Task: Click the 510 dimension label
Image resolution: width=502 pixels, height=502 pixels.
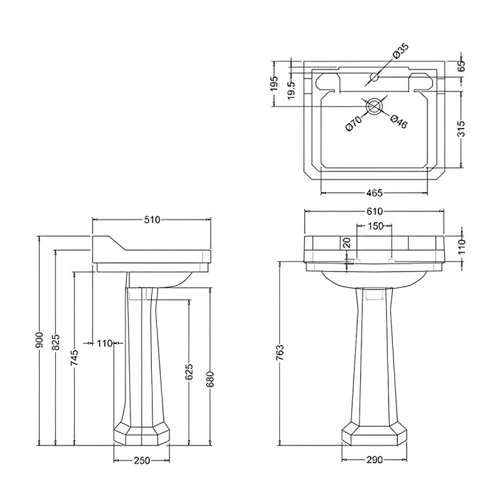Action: pyautogui.click(x=152, y=220)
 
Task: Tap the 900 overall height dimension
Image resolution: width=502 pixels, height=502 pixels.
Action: pyautogui.click(x=40, y=340)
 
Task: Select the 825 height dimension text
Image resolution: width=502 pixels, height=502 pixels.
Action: pyautogui.click(x=56, y=342)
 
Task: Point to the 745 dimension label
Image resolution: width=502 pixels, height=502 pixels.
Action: pyautogui.click(x=74, y=358)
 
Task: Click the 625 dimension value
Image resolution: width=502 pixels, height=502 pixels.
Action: pyautogui.click(x=190, y=371)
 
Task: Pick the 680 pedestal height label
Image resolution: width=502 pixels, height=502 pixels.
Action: pyautogui.click(x=210, y=380)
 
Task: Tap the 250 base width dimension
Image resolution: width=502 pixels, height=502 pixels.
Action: pyautogui.click(x=142, y=461)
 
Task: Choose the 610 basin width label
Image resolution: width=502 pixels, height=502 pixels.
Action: pyautogui.click(x=374, y=211)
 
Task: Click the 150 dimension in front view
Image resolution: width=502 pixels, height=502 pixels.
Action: pyautogui.click(x=375, y=226)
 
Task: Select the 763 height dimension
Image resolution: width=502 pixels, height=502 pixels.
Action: pyautogui.click(x=280, y=353)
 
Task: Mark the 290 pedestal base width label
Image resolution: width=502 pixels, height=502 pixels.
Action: pyautogui.click(x=374, y=460)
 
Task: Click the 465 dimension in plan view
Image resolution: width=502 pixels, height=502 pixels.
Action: pyautogui.click(x=374, y=193)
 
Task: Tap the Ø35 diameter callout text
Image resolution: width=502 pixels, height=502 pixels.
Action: pyautogui.click(x=400, y=51)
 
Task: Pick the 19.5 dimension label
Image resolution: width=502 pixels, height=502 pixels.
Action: pyautogui.click(x=291, y=89)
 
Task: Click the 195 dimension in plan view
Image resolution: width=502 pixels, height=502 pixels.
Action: pyautogui.click(x=275, y=84)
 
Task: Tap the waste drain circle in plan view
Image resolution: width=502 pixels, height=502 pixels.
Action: pyautogui.click(x=374, y=106)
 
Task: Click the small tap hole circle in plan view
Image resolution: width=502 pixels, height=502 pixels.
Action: pyautogui.click(x=374, y=77)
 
